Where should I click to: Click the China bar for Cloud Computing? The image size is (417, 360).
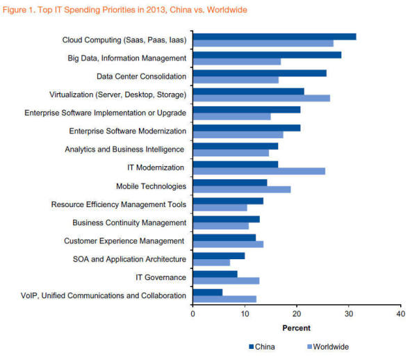click(x=274, y=37)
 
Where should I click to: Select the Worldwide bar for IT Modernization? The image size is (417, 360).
click(x=259, y=171)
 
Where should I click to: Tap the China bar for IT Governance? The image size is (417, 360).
click(x=215, y=274)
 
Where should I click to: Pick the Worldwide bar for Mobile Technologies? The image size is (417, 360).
click(x=241, y=189)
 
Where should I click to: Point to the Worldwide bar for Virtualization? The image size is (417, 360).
click(x=261, y=98)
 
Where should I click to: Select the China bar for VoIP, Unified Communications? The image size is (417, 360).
click(x=207, y=292)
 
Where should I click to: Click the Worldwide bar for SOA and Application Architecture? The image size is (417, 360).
click(x=211, y=263)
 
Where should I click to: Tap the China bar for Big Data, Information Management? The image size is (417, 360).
click(x=267, y=55)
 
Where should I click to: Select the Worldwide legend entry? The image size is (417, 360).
click(x=327, y=346)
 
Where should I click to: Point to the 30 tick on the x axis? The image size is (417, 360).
click(x=348, y=313)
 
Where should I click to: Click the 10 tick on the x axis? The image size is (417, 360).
click(x=245, y=313)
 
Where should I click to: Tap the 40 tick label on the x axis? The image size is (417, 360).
click(x=400, y=313)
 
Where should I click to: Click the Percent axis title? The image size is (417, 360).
click(x=296, y=327)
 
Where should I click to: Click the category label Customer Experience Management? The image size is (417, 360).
click(x=125, y=241)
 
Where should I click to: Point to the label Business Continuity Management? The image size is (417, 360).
click(x=129, y=222)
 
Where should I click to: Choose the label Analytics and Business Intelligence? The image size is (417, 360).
click(x=124, y=149)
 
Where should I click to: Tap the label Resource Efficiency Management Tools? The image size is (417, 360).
click(x=119, y=204)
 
